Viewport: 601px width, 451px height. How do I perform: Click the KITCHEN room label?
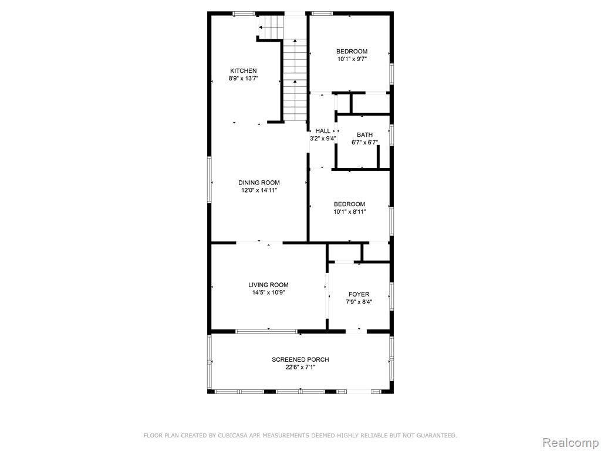coord(244,71)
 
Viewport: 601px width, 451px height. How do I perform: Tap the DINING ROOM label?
coord(259,183)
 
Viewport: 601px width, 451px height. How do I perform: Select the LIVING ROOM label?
coord(268,285)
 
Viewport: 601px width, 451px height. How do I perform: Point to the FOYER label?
coord(359,295)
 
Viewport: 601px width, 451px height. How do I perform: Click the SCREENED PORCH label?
coord(300,360)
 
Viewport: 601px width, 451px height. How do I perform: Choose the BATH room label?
coord(365,135)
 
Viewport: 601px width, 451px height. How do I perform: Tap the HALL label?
coord(323,131)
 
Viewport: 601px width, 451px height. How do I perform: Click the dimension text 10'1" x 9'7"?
coord(352,59)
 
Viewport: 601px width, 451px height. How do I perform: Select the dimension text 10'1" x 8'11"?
coord(350,211)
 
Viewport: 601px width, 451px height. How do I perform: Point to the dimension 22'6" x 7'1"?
coord(300,368)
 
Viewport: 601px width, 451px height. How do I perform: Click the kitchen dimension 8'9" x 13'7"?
coord(244,79)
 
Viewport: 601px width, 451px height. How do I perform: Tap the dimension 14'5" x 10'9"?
coord(268,292)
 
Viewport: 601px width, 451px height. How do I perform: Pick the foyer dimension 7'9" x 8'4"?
coord(359,302)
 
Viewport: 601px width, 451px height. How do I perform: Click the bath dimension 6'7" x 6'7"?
coord(365,143)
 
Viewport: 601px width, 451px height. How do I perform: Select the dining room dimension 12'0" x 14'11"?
coord(259,190)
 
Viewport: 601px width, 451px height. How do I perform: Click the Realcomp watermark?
coord(570,442)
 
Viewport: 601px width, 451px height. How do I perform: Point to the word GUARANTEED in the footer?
coord(438,435)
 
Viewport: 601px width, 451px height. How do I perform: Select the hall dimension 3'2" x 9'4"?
coord(323,139)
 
